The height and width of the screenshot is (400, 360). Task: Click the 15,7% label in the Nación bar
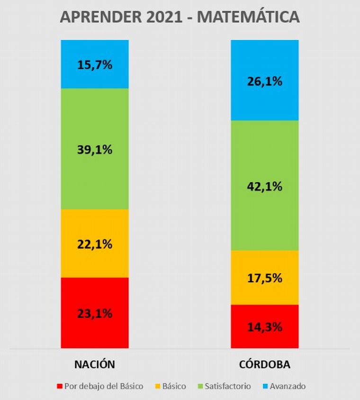point(95,64)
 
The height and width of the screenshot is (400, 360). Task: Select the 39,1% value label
point(95,150)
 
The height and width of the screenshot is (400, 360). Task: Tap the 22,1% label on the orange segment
point(95,245)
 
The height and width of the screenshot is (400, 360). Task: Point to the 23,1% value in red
point(95,313)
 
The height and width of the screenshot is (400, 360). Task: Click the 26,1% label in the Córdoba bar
point(264,81)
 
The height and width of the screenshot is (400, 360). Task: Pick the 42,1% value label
point(264,186)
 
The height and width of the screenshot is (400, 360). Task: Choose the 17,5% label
point(264,278)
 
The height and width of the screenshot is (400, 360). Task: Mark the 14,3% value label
point(264,327)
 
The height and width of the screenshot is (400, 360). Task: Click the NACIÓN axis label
point(95,365)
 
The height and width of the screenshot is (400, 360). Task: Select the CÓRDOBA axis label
point(265,365)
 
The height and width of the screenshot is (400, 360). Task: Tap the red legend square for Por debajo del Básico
point(59,386)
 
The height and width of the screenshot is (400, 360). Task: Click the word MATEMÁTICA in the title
point(248,17)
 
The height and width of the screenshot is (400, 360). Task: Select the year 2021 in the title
point(159,17)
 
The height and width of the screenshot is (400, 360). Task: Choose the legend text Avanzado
point(288,386)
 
